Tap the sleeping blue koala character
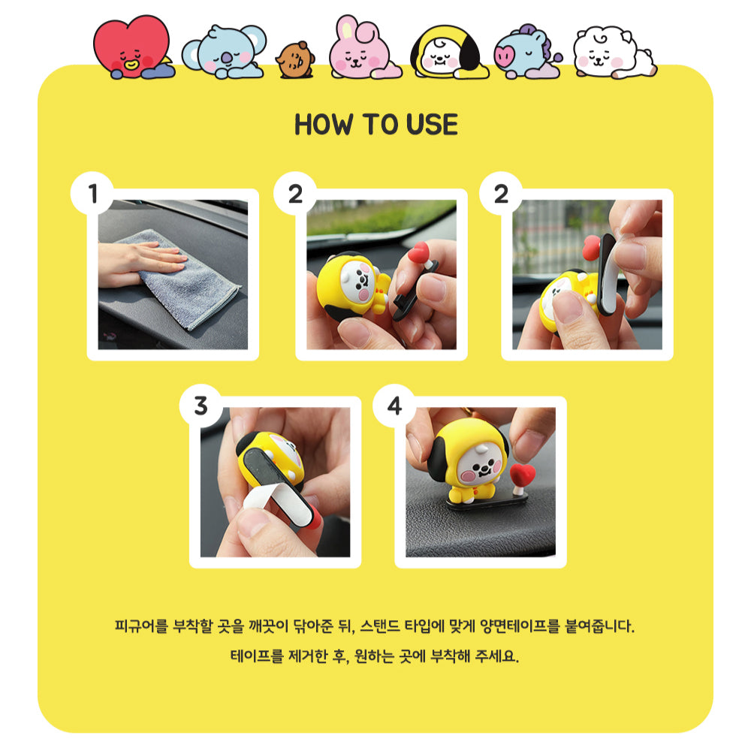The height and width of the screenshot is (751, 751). point(224,52)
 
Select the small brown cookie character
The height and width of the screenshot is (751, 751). point(295,60)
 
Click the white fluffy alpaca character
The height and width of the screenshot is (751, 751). point(614,53)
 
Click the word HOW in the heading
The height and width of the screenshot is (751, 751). point(324,125)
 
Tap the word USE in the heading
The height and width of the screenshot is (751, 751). point(432,125)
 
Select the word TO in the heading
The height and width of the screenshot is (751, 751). point(380,125)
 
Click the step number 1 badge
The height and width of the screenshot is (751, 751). point(92,194)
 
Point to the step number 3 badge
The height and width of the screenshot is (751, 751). point(201,406)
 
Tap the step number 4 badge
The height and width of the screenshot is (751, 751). point(394,406)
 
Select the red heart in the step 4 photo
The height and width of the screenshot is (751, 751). point(523,475)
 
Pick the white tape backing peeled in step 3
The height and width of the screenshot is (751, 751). point(268,500)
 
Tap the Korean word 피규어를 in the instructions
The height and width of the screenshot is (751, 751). point(142,626)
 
